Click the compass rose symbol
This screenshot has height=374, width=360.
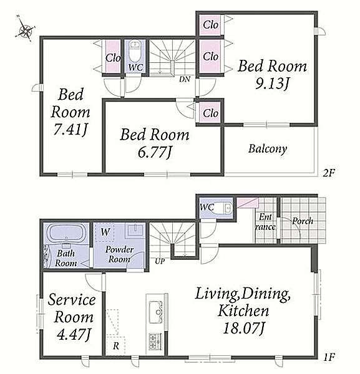pos(25,31)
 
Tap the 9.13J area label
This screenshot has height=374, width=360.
pos(273,84)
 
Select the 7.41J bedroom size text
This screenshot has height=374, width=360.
pos(71,130)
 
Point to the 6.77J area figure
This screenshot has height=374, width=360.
pos(155,152)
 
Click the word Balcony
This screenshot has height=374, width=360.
pos(268,149)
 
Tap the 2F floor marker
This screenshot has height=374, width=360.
pos(329,173)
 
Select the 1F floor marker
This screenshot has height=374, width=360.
pos(329,357)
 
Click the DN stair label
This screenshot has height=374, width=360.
pos(185,79)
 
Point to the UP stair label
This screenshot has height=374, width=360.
pos(160,261)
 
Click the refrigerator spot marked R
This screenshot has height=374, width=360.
pos(116,345)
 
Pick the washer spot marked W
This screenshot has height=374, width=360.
pos(105,232)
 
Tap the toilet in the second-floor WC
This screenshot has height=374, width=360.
pos(135,51)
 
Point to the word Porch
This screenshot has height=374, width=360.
pos(303,221)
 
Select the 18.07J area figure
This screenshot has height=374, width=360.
pos(243,328)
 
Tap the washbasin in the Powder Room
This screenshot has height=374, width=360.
pos(135,229)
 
